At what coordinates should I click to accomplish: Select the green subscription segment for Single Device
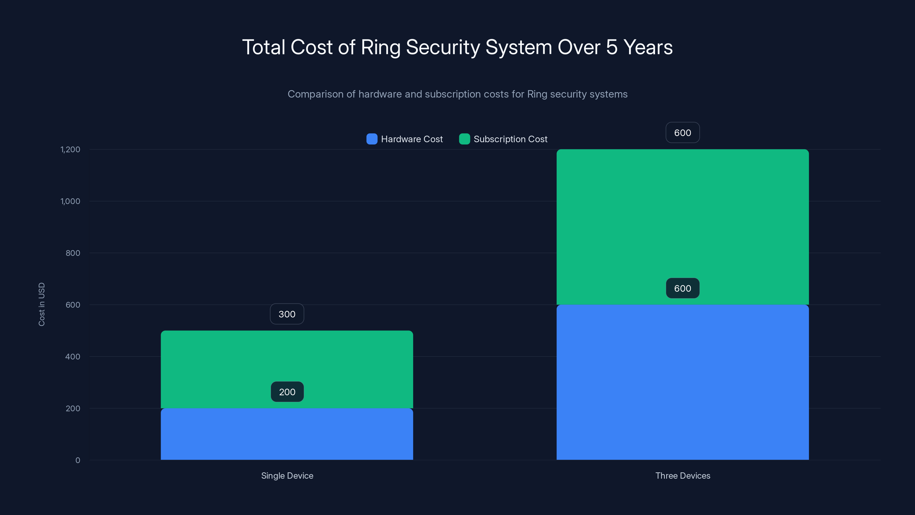287,359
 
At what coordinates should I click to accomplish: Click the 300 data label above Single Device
287,314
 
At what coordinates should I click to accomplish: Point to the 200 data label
287,392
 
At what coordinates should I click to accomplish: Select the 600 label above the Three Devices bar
682,132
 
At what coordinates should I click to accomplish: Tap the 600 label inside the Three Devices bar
682,288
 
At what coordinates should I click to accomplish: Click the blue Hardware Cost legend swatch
371,139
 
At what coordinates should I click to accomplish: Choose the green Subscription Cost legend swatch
464,139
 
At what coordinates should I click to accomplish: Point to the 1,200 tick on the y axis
70,149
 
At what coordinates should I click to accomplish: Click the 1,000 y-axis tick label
70,201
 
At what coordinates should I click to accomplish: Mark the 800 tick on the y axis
73,253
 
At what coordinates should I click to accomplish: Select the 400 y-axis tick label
73,356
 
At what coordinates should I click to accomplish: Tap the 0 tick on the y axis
78,460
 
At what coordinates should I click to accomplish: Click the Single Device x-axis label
287,476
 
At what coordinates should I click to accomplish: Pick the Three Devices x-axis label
682,476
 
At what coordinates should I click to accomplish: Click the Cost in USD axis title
41,304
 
